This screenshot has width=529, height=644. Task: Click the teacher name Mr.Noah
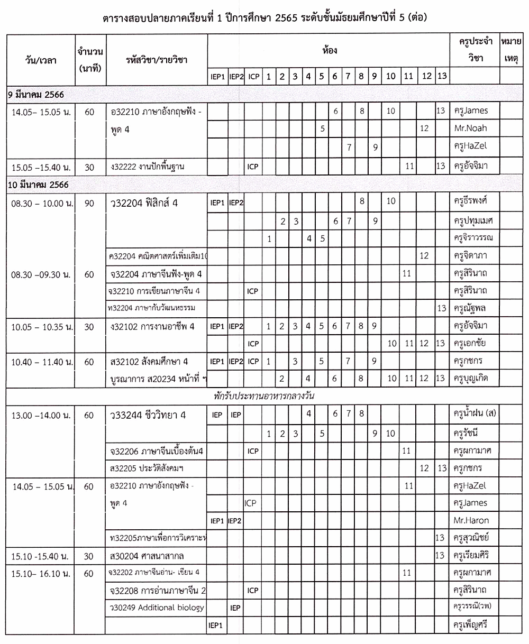(470, 128)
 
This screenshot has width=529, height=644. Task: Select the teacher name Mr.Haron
(471, 520)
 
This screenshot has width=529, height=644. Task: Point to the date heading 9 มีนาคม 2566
(35, 95)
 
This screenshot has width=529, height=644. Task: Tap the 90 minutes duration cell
(89, 202)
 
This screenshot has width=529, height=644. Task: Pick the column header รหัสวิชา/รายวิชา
(157, 60)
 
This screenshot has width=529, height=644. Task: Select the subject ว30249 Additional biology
(156, 608)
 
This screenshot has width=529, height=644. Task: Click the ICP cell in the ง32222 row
(253, 167)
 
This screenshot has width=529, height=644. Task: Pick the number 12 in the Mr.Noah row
(424, 128)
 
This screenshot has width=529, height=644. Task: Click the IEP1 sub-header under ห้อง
(217, 77)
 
